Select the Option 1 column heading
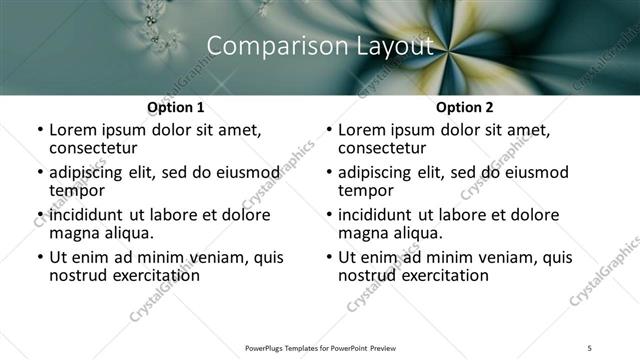tap(176, 107)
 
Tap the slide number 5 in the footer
tap(590, 348)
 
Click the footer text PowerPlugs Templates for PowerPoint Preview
tap(320, 348)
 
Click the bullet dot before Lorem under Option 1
tap(39, 131)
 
